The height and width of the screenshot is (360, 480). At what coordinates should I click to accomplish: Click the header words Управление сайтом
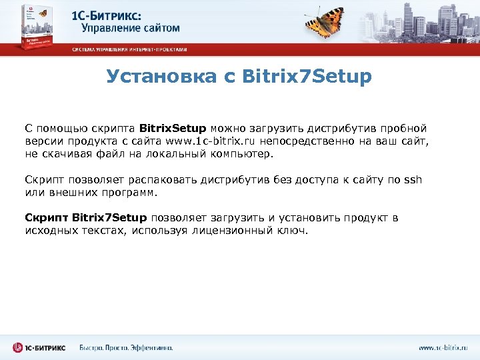point(131,28)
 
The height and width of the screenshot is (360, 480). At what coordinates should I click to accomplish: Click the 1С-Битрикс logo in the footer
point(39,347)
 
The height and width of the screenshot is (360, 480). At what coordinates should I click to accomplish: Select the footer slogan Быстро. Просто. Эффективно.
point(126,348)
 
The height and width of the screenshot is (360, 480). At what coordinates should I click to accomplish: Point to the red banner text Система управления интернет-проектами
point(129,49)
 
